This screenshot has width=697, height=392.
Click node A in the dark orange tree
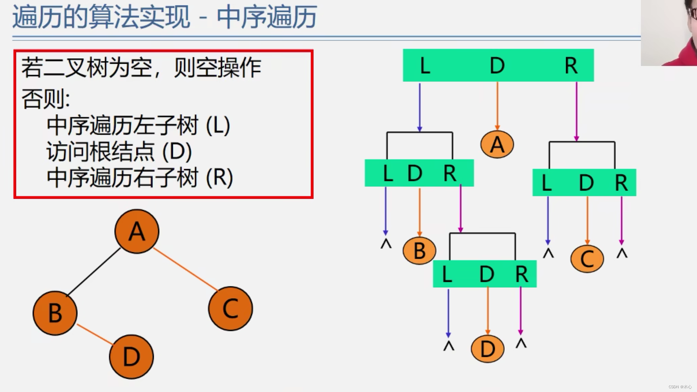click(137, 231)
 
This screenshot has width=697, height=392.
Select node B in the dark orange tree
click(55, 313)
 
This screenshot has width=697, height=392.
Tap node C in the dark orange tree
click(231, 308)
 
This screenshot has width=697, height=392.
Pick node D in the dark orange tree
click(131, 357)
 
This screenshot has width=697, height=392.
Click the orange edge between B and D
click(94, 334)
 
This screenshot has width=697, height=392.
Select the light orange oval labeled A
click(497, 145)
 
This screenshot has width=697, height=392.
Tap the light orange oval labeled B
click(419, 251)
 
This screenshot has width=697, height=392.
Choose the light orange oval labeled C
click(587, 259)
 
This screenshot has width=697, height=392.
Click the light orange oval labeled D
click(487, 349)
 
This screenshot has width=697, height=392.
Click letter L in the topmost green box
click(425, 65)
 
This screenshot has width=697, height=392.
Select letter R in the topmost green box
click(571, 65)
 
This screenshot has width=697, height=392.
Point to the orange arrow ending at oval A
click(497, 106)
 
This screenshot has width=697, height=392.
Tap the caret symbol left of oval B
click(386, 244)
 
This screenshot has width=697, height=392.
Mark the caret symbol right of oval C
click(622, 253)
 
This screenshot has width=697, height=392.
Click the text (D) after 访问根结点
click(177, 152)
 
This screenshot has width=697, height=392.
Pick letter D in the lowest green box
click(487, 274)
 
